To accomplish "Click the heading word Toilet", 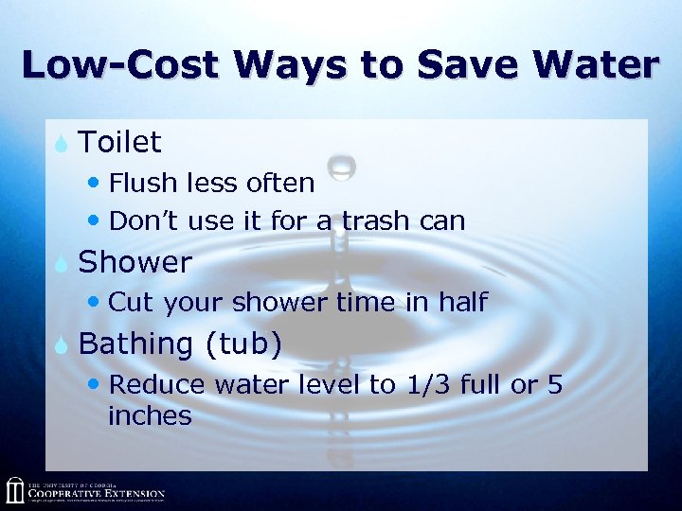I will (120, 143).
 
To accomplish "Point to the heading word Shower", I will (135, 262).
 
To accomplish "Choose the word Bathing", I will (135, 344).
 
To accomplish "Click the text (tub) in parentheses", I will (243, 344).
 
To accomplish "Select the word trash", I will (379, 221).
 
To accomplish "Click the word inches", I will (150, 415).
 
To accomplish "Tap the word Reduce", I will (158, 385).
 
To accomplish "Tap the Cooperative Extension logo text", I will (96, 494).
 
